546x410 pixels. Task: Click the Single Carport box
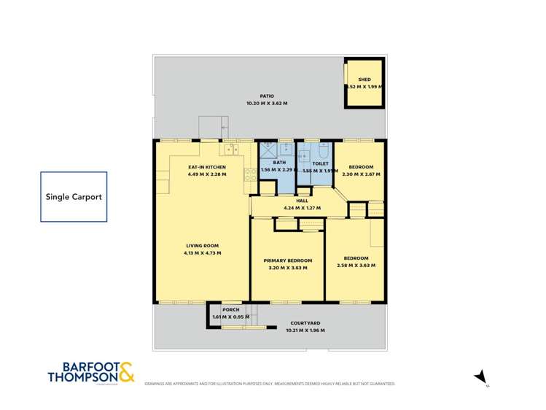(74, 197)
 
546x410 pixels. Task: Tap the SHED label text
(364, 80)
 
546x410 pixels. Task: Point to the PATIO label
(267, 96)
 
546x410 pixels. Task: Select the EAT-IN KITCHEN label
(207, 167)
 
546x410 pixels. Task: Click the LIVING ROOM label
(202, 245)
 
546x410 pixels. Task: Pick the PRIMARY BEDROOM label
(288, 260)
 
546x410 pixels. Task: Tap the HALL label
(302, 201)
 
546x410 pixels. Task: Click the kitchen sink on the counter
(233, 150)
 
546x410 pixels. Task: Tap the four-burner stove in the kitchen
(249, 174)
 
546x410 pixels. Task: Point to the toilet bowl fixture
(324, 152)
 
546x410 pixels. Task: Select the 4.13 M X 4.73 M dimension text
(202, 253)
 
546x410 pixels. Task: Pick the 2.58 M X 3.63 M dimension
(356, 266)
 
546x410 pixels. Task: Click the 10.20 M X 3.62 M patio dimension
(267, 104)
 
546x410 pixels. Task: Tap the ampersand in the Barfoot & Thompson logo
(125, 372)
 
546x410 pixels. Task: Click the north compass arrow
(480, 376)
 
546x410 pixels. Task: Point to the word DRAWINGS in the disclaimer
(155, 383)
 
